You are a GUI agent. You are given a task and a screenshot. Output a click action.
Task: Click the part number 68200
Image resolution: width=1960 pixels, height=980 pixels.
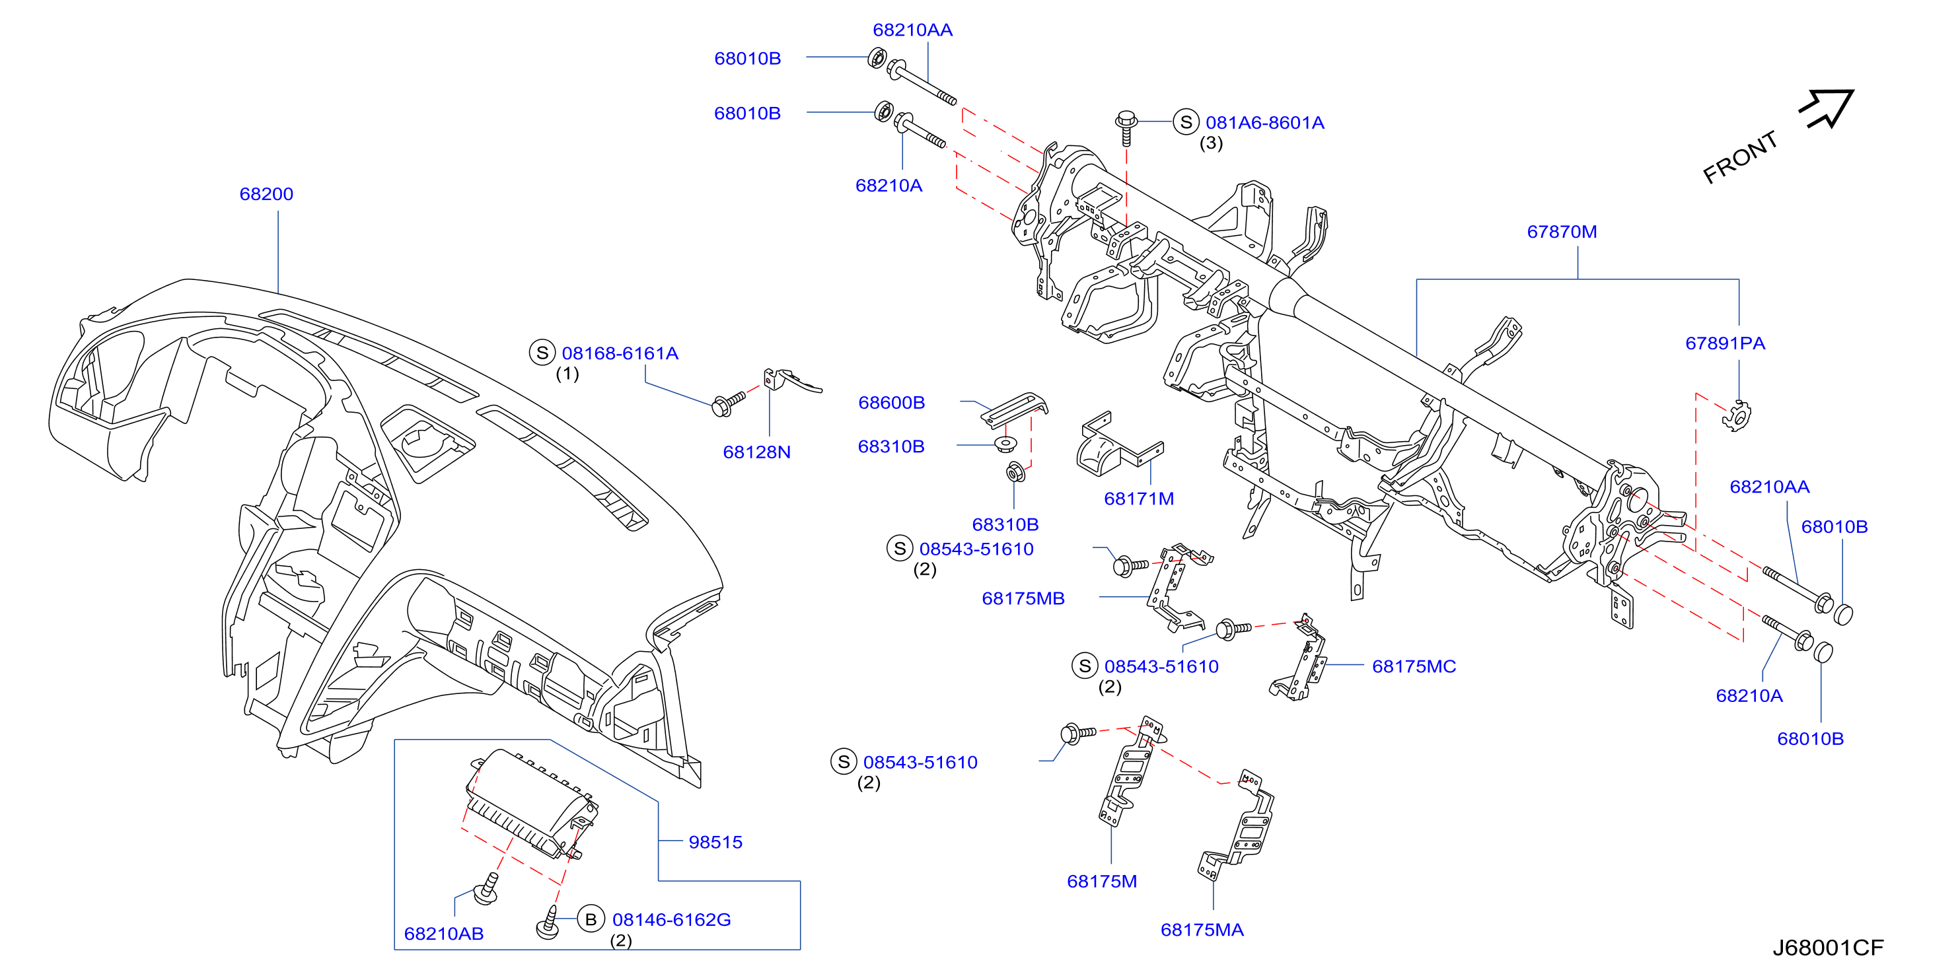point(266,194)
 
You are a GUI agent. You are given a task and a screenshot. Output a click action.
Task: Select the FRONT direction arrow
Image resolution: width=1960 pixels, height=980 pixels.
point(1826,109)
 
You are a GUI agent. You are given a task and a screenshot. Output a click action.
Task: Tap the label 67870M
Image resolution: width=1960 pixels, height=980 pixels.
point(1562,232)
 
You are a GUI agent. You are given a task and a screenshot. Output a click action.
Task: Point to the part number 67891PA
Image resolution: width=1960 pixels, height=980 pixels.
point(1725,343)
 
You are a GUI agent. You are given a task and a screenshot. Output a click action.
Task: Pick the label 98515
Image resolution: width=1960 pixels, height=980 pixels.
point(715,842)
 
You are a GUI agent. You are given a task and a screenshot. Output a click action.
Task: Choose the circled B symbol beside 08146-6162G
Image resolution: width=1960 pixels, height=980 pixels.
point(591,919)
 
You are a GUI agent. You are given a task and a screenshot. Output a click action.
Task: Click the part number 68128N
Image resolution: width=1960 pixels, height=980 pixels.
point(756,452)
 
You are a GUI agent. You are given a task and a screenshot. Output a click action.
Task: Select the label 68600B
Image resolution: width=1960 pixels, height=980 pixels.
point(891,403)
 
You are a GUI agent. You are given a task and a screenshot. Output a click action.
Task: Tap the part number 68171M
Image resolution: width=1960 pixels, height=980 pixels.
point(1139,499)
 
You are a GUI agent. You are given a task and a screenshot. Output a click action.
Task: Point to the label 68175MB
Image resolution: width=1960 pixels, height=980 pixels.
point(1023,599)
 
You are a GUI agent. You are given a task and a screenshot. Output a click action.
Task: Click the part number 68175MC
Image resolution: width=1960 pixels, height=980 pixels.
point(1414,666)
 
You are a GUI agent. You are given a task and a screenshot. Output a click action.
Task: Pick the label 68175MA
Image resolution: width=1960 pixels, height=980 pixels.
point(1202,930)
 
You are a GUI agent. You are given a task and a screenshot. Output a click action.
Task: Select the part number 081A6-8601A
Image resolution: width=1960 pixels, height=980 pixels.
point(1264,123)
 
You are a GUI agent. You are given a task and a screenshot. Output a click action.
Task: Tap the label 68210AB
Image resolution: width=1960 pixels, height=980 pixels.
point(443,934)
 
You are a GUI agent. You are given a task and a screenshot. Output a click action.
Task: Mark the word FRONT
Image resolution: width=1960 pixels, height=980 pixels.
point(1740,157)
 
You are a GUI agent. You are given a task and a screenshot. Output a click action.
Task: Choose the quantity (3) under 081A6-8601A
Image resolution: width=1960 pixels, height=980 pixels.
point(1212,143)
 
